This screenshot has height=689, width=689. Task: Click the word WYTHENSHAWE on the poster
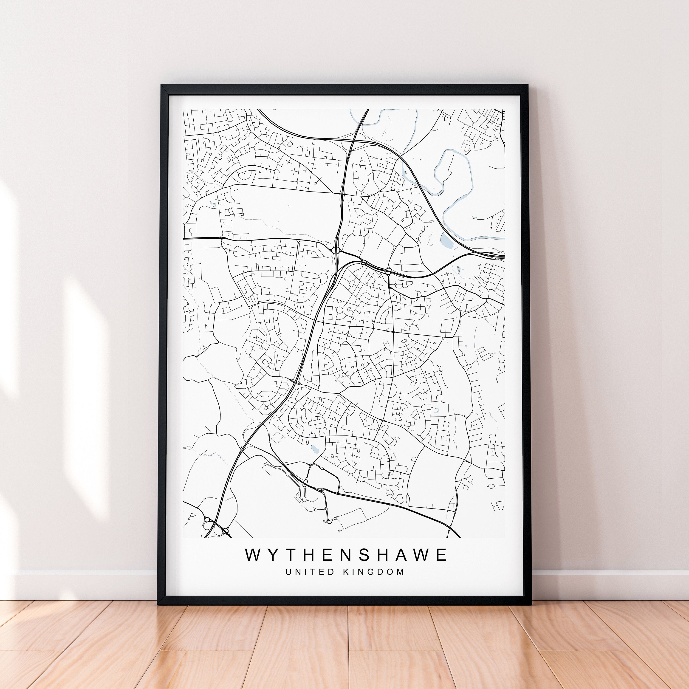346,555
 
